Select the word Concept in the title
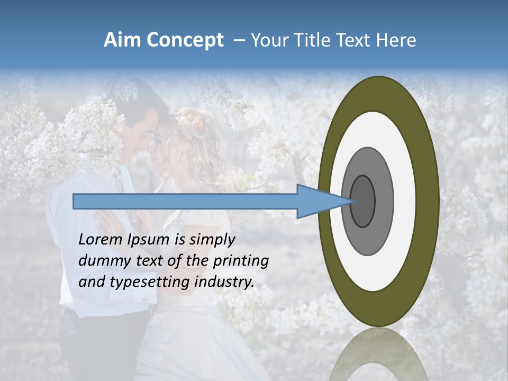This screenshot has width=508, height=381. click(186, 40)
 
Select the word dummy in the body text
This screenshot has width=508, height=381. click(99, 260)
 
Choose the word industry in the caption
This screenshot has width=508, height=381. click(224, 282)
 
